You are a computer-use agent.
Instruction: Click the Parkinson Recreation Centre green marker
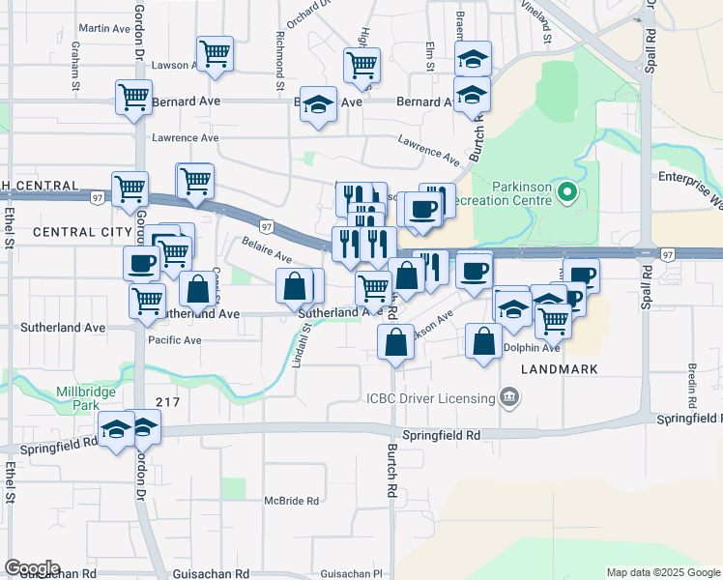coord(566,196)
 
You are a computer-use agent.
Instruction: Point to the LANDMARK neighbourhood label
coord(560,369)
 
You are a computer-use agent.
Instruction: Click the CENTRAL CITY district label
coord(75,232)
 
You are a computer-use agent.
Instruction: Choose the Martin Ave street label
coord(104,29)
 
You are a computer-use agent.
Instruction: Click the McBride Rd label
coord(291,501)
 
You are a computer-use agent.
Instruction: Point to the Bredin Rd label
coord(693,384)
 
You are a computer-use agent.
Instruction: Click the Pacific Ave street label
coord(174,340)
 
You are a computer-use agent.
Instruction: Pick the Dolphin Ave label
coord(531,348)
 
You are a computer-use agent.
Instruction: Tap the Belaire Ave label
coord(267,250)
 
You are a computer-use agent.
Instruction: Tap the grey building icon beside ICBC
coord(509,397)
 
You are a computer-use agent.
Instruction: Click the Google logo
coord(31,568)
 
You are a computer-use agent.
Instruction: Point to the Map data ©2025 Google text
coord(663,572)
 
